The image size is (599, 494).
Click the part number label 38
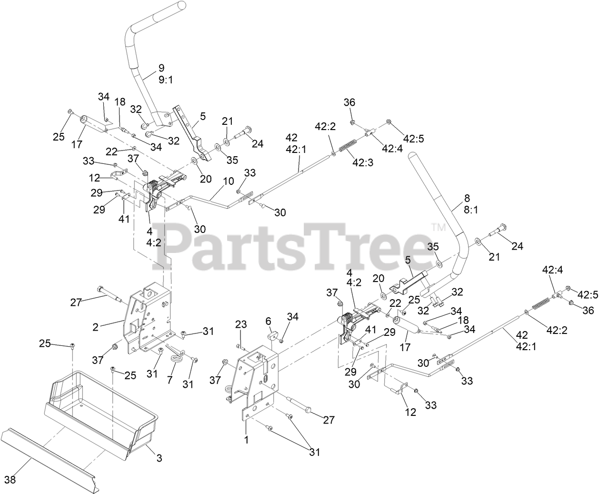pyautogui.click(x=10, y=480)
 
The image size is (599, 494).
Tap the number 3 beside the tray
pyautogui.click(x=159, y=458)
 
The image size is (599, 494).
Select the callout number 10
pyautogui.click(x=228, y=181)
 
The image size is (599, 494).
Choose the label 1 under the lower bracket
pyautogui.click(x=246, y=440)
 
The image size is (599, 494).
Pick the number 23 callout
pyautogui.click(x=241, y=324)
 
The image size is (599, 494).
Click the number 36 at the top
pyautogui.click(x=349, y=102)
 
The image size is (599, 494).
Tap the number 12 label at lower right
pyautogui.click(x=410, y=412)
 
